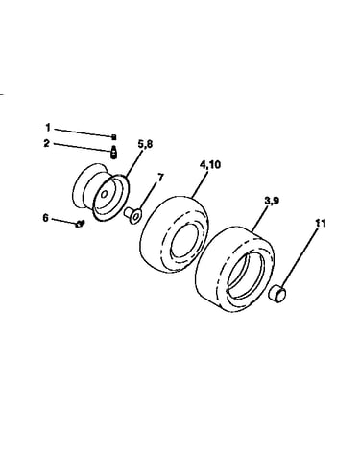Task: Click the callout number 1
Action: (48, 128)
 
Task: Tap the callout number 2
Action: (47, 143)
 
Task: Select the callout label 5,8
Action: (145, 144)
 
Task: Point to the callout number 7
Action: (160, 178)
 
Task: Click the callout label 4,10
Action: (210, 165)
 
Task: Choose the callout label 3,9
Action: (272, 201)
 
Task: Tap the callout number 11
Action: (321, 223)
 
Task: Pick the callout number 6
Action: (45, 218)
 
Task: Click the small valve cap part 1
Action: (113, 137)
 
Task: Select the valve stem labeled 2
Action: (114, 152)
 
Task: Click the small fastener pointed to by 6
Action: (79, 224)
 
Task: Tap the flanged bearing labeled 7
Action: (132, 215)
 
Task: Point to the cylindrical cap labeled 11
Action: (276, 294)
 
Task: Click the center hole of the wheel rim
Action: (105, 194)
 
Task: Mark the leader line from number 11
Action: (300, 257)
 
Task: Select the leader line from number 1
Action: (83, 132)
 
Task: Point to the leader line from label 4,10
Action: (200, 183)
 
